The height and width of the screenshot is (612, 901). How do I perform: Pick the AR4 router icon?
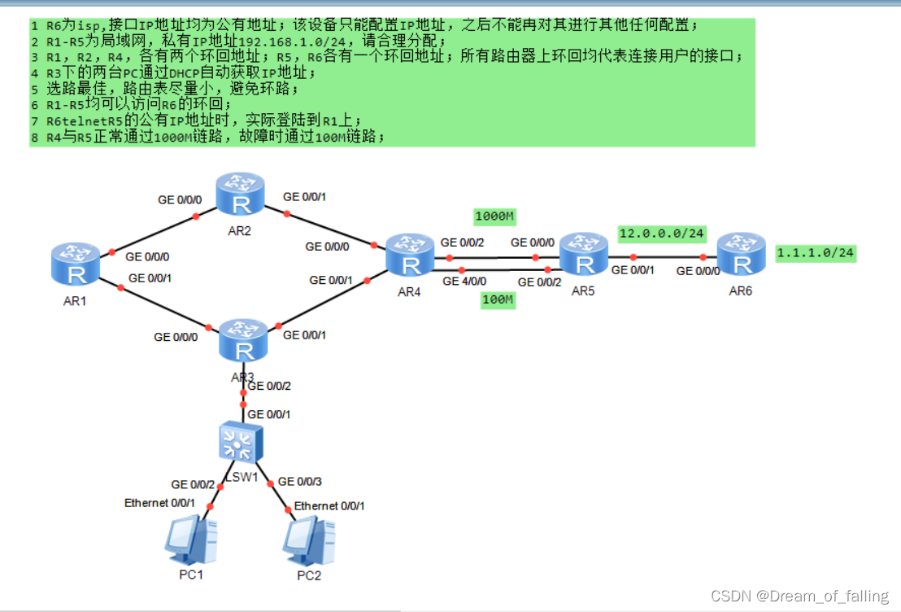pyautogui.click(x=411, y=256)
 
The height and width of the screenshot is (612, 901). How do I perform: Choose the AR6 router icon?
pyautogui.click(x=742, y=256)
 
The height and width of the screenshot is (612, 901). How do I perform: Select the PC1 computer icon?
pyautogui.click(x=190, y=541)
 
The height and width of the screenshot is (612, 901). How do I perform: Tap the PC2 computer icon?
pyautogui.click(x=309, y=541)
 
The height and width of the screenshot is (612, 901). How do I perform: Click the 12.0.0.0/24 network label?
pyautogui.click(x=661, y=234)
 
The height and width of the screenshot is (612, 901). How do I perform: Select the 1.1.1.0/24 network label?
pyautogui.click(x=815, y=253)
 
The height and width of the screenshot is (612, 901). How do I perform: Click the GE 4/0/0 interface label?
pyautogui.click(x=464, y=282)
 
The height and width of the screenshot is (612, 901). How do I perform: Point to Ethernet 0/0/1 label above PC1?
pyautogui.click(x=159, y=503)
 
